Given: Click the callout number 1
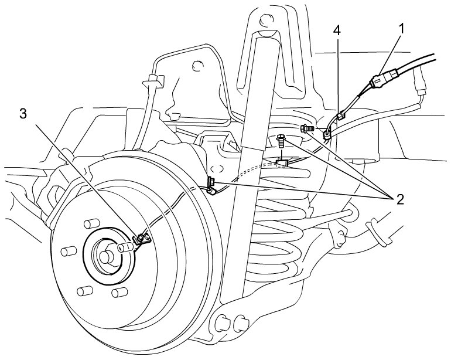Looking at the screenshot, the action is (401, 29).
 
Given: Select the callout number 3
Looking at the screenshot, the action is (23, 114).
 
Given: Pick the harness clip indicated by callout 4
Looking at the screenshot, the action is (340, 116).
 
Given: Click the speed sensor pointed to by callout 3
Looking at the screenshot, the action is (142, 239).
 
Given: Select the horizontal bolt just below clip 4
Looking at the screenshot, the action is (306, 128).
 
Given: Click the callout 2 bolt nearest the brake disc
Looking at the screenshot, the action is (211, 182).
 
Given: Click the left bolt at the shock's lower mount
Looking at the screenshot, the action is (222, 323).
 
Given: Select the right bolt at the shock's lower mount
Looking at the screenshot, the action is (241, 324).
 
